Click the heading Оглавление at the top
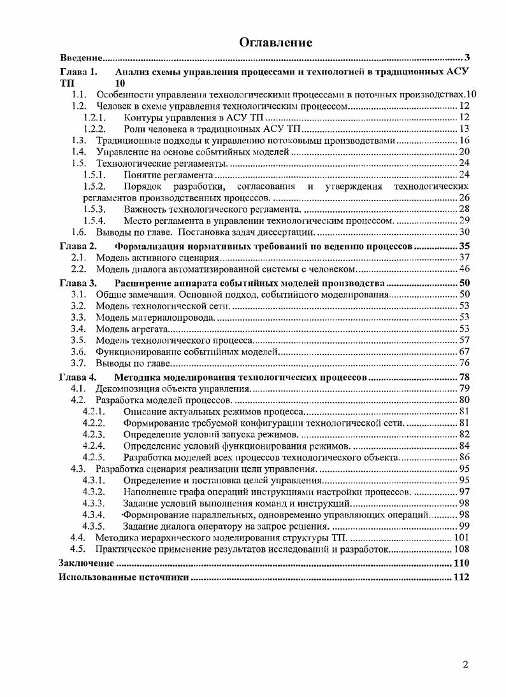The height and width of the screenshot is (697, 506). [275, 43]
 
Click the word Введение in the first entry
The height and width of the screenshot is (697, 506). [81, 58]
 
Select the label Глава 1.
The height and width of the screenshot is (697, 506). [78, 71]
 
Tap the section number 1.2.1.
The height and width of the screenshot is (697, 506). [94, 118]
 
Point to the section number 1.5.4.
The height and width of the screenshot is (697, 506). [94, 220]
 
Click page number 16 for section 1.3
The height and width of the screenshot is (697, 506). [464, 140]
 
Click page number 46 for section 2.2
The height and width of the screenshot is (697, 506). [464, 269]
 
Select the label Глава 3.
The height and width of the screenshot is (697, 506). [78, 282]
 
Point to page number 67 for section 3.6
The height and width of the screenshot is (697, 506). [464, 351]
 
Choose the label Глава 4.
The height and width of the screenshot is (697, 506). [78, 377]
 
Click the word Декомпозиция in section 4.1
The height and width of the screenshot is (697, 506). [126, 388]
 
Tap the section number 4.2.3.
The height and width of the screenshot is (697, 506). [94, 434]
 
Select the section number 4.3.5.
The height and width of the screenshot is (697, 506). [94, 526]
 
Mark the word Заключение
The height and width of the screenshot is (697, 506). [86, 563]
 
